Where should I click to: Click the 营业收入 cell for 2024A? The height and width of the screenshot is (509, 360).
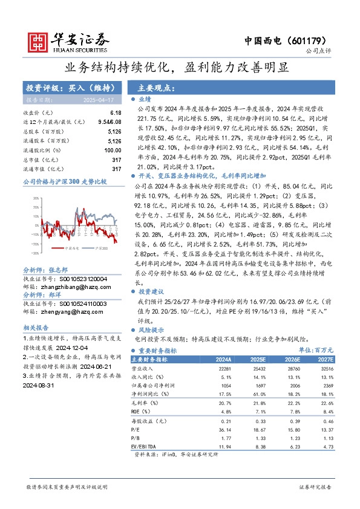point(222,368)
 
